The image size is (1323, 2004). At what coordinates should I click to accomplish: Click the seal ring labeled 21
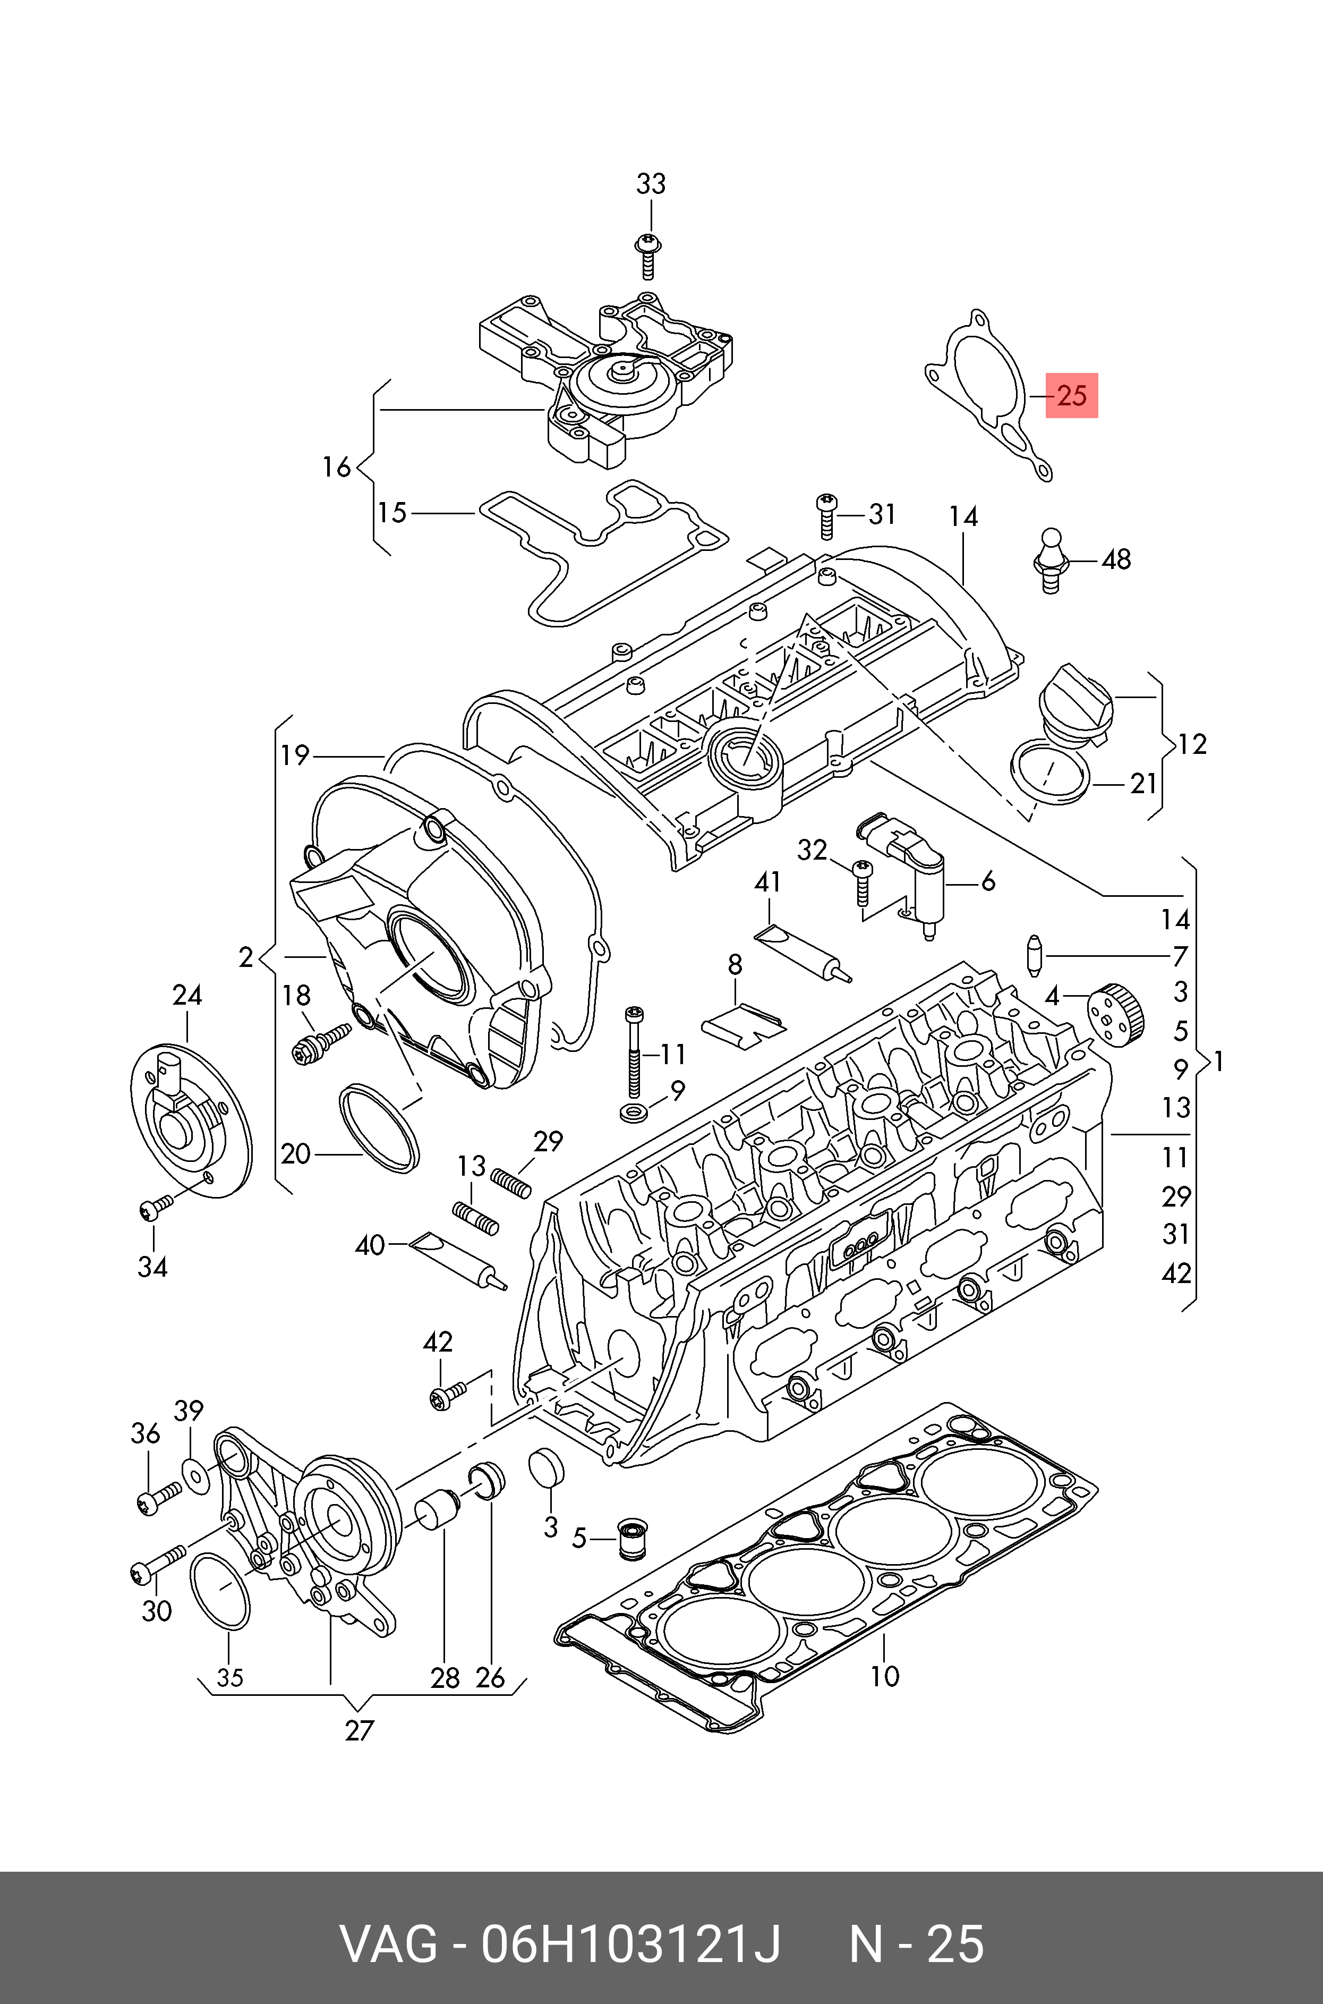click(x=1049, y=769)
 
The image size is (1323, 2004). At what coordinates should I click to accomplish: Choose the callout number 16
click(x=336, y=466)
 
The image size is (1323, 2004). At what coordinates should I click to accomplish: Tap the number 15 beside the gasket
click(x=391, y=512)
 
